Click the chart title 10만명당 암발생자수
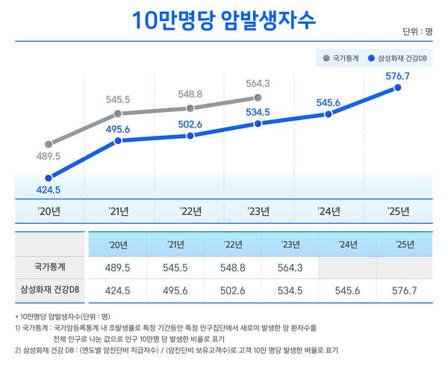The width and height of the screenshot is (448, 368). [223, 20]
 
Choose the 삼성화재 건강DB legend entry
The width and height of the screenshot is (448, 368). [403, 57]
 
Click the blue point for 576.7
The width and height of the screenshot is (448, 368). [397, 88]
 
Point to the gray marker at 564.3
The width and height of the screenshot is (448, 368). [258, 98]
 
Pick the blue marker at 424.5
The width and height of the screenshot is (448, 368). [49, 178]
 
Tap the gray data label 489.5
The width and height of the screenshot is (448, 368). [48, 157]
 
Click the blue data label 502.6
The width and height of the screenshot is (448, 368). [190, 125]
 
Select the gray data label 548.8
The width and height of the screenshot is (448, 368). [190, 95]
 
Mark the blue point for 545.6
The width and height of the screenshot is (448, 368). [329, 114]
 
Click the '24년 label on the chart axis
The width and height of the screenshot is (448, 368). [329, 211]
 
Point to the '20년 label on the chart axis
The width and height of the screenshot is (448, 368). [49, 211]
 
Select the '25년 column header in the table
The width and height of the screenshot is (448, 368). [405, 244]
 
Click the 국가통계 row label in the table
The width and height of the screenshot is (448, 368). [51, 266]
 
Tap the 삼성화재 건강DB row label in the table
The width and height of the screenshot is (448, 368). [51, 290]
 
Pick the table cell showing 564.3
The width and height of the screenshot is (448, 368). [290, 266]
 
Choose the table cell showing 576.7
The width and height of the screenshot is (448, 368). [405, 290]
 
